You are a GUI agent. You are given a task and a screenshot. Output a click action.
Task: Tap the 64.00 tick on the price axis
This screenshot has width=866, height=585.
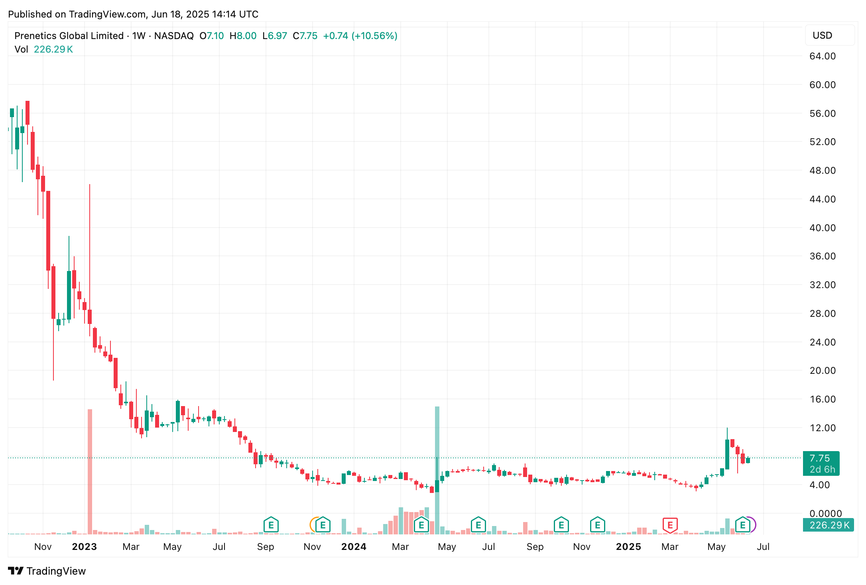pyautogui.click(x=822, y=56)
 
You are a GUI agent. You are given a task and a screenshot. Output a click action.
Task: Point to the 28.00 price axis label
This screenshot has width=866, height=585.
pyautogui.click(x=822, y=314)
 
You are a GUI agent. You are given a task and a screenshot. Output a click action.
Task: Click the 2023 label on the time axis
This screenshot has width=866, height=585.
pyautogui.click(x=84, y=547)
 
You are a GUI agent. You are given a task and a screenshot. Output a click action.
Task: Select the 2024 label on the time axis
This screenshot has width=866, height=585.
pyautogui.click(x=354, y=547)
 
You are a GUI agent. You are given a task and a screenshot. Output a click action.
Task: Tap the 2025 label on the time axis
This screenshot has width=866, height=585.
pyautogui.click(x=628, y=547)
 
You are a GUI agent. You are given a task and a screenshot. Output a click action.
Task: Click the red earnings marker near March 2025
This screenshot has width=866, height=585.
pyautogui.click(x=670, y=525)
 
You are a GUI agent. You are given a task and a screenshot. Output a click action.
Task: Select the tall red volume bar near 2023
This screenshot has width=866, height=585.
pyautogui.click(x=90, y=470)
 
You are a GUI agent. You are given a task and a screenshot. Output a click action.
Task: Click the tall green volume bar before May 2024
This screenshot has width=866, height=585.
pyautogui.click(x=437, y=470)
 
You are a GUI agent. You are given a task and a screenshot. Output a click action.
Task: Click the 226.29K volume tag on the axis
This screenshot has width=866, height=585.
pyautogui.click(x=829, y=525)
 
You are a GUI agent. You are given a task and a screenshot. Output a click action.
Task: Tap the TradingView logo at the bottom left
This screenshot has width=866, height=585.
pyautogui.click(x=47, y=571)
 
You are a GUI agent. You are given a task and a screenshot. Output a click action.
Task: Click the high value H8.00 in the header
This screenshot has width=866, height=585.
pyautogui.click(x=243, y=36)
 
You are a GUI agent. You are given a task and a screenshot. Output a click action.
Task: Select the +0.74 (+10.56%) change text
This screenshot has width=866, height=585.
pyautogui.click(x=360, y=36)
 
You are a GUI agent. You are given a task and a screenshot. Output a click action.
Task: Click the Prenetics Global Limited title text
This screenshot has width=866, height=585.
pyautogui.click(x=69, y=36)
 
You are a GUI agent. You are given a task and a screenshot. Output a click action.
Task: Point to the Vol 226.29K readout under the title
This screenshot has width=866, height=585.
pyautogui.click(x=44, y=49)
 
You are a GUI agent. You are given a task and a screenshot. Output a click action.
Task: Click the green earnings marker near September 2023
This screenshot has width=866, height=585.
pyautogui.click(x=271, y=525)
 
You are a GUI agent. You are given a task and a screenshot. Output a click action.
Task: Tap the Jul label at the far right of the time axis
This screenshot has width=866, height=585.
pyautogui.click(x=763, y=547)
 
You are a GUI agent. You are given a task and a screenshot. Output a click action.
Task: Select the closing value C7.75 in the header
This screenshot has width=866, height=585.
pyautogui.click(x=305, y=36)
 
